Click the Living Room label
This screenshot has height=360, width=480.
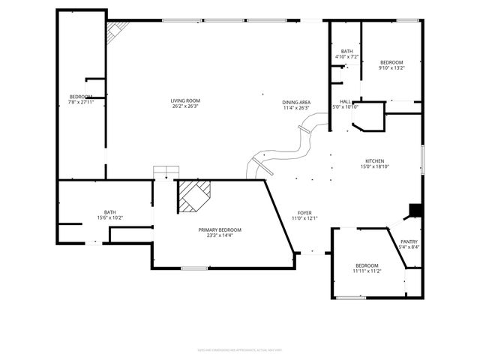pyautogui.click(x=185, y=100)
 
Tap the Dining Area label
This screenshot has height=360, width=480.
pyautogui.click(x=296, y=102)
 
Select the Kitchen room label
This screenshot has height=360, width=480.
pyautogui.click(x=374, y=161)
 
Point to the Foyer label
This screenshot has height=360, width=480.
pyautogui.click(x=304, y=213)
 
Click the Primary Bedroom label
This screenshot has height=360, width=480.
pyautogui.click(x=220, y=229)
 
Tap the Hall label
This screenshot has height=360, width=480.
pyautogui.click(x=346, y=101)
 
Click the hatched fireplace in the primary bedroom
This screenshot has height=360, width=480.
pyautogui.click(x=193, y=196)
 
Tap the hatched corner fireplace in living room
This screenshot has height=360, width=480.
pyautogui.click(x=116, y=31)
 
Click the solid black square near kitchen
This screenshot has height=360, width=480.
pyautogui.click(x=413, y=211)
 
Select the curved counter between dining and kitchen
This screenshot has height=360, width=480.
pyautogui.click(x=285, y=149)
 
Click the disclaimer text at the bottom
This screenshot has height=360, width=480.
pyautogui.click(x=239, y=349)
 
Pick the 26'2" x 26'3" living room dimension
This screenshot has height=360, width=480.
pyautogui.click(x=185, y=106)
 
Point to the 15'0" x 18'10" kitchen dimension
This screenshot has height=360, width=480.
pyautogui.click(x=374, y=166)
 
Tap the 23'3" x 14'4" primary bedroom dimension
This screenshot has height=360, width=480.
pyautogui.click(x=220, y=235)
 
